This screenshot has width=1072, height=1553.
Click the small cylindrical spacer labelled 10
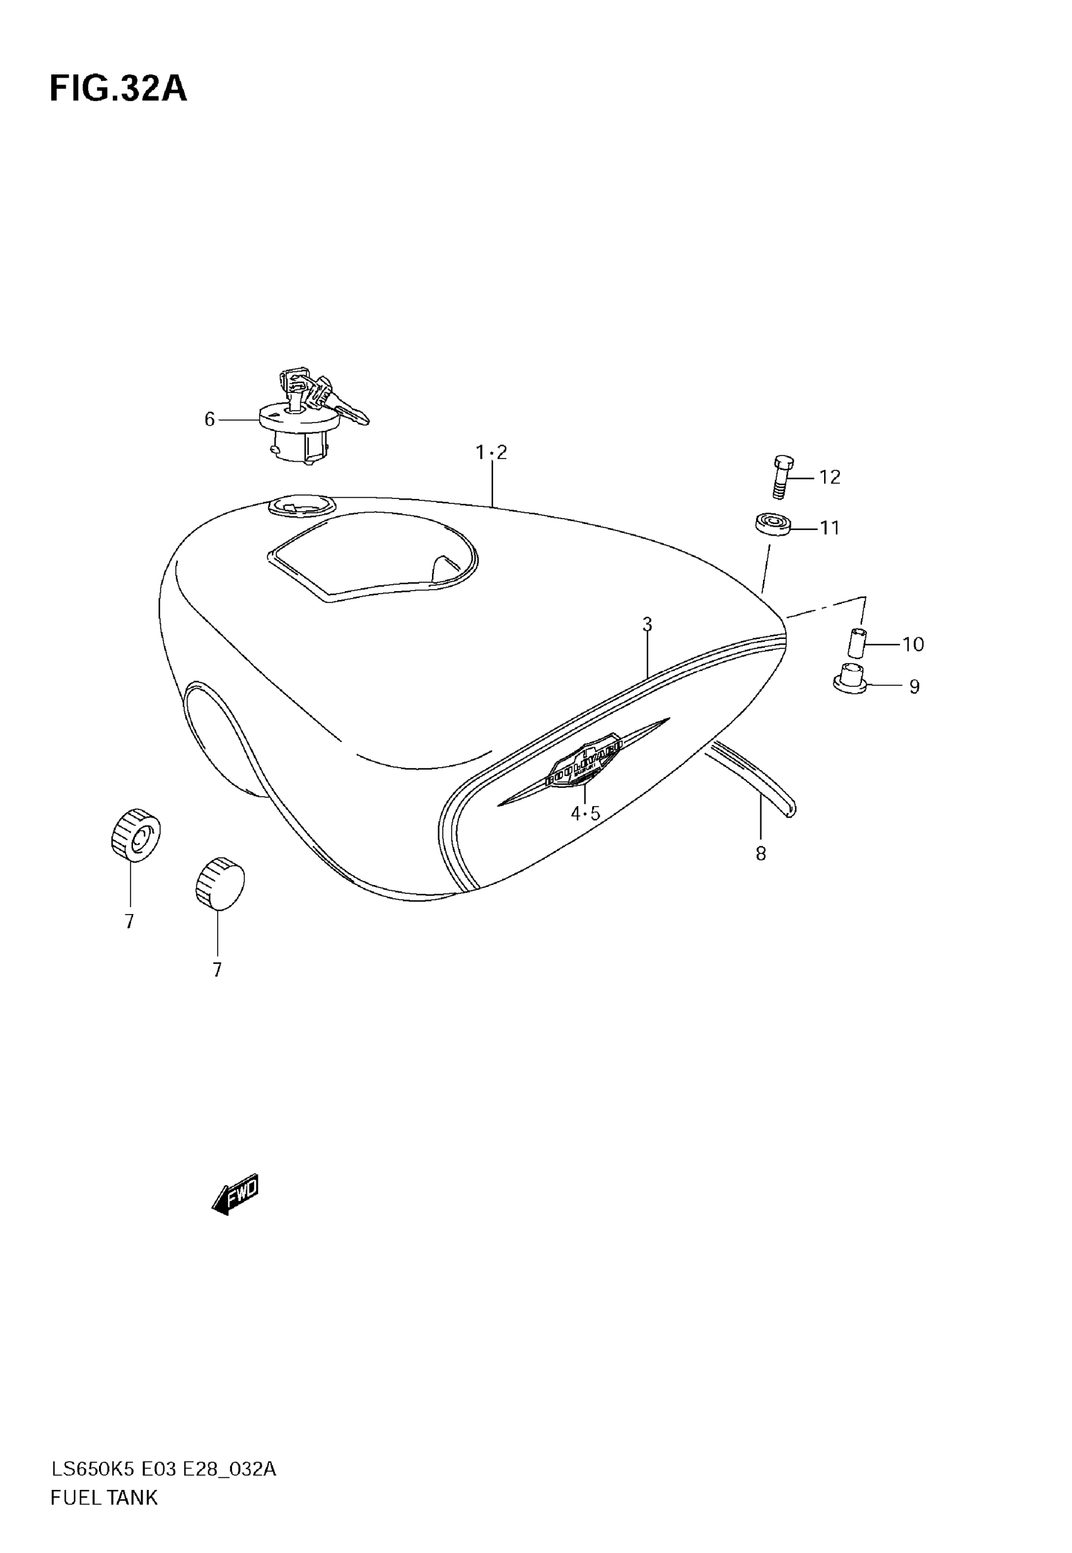coord(855,643)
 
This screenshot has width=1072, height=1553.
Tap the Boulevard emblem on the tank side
coord(585,761)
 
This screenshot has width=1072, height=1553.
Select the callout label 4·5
coord(585,814)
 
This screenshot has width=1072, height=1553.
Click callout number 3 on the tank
coord(647,624)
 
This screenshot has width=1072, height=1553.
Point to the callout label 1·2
coord(492,453)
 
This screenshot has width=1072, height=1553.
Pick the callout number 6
coord(209,420)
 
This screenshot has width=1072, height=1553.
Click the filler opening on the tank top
coord(300,505)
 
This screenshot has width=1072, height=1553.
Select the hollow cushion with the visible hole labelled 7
coord(136,835)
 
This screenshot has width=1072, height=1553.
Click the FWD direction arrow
coord(236,1194)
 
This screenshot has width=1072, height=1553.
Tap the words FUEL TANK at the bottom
coord(104,1497)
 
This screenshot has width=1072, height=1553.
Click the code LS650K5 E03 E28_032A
coord(163,1469)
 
